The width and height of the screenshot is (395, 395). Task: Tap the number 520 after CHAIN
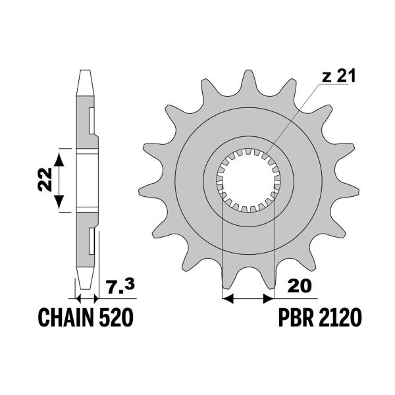pos(115,320)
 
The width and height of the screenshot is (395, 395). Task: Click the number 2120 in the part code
pos(339,320)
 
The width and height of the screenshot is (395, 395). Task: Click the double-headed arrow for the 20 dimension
pos(248,298)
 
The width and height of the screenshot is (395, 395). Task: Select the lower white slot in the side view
pos(92,241)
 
